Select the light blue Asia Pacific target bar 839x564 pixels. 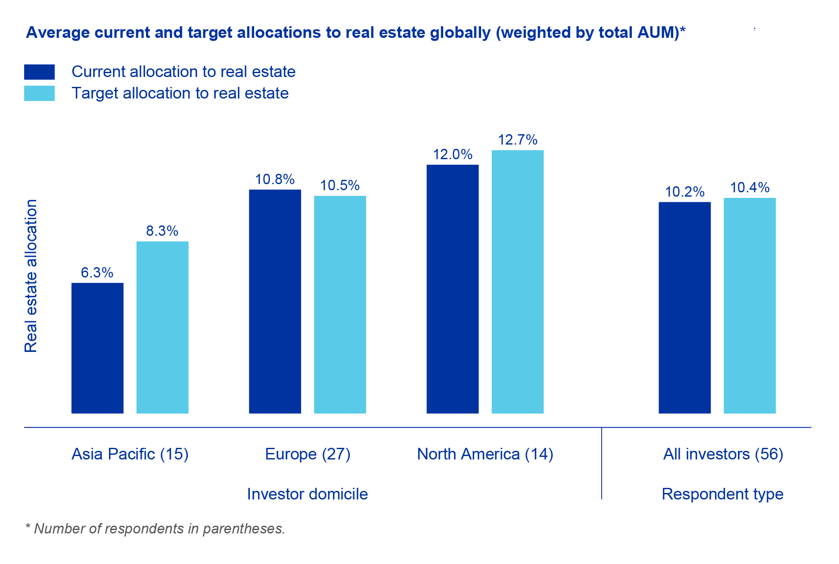pos(162,327)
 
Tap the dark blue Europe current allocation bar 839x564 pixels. pos(275,301)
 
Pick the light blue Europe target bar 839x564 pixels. pos(340,304)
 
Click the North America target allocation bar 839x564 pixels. pos(517,281)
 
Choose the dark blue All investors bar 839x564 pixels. pos(684,307)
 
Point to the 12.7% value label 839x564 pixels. pos(517,140)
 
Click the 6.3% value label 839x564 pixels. pos(97,272)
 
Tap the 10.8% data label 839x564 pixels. pos(275,179)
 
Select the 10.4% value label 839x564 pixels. pos(749,188)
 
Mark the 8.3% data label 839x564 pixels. pos(162,231)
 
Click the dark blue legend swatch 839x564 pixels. pos(39,72)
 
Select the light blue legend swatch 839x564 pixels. pos(39,93)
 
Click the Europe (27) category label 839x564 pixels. pos(308,454)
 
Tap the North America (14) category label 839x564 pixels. pos(485,454)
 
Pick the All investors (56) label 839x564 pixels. pos(723,454)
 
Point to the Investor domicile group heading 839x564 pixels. pos(307,494)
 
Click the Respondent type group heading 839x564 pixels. pos(722,494)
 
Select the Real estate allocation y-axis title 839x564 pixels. pos(31,276)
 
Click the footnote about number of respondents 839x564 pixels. pos(155,528)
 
